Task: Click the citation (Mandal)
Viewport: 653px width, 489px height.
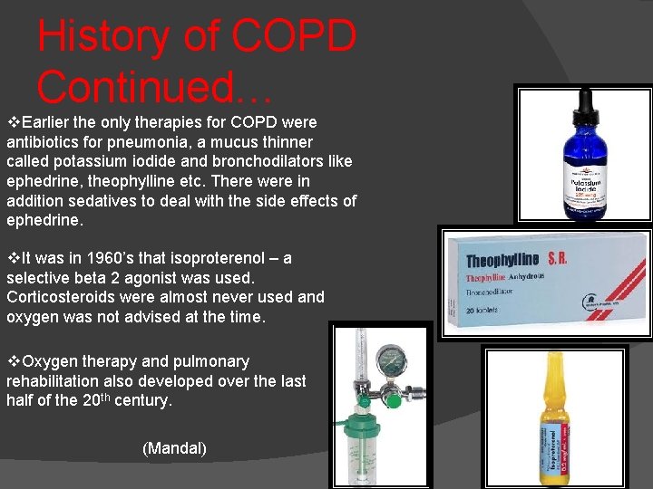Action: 174,448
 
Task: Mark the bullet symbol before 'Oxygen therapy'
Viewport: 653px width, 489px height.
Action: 13,361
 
